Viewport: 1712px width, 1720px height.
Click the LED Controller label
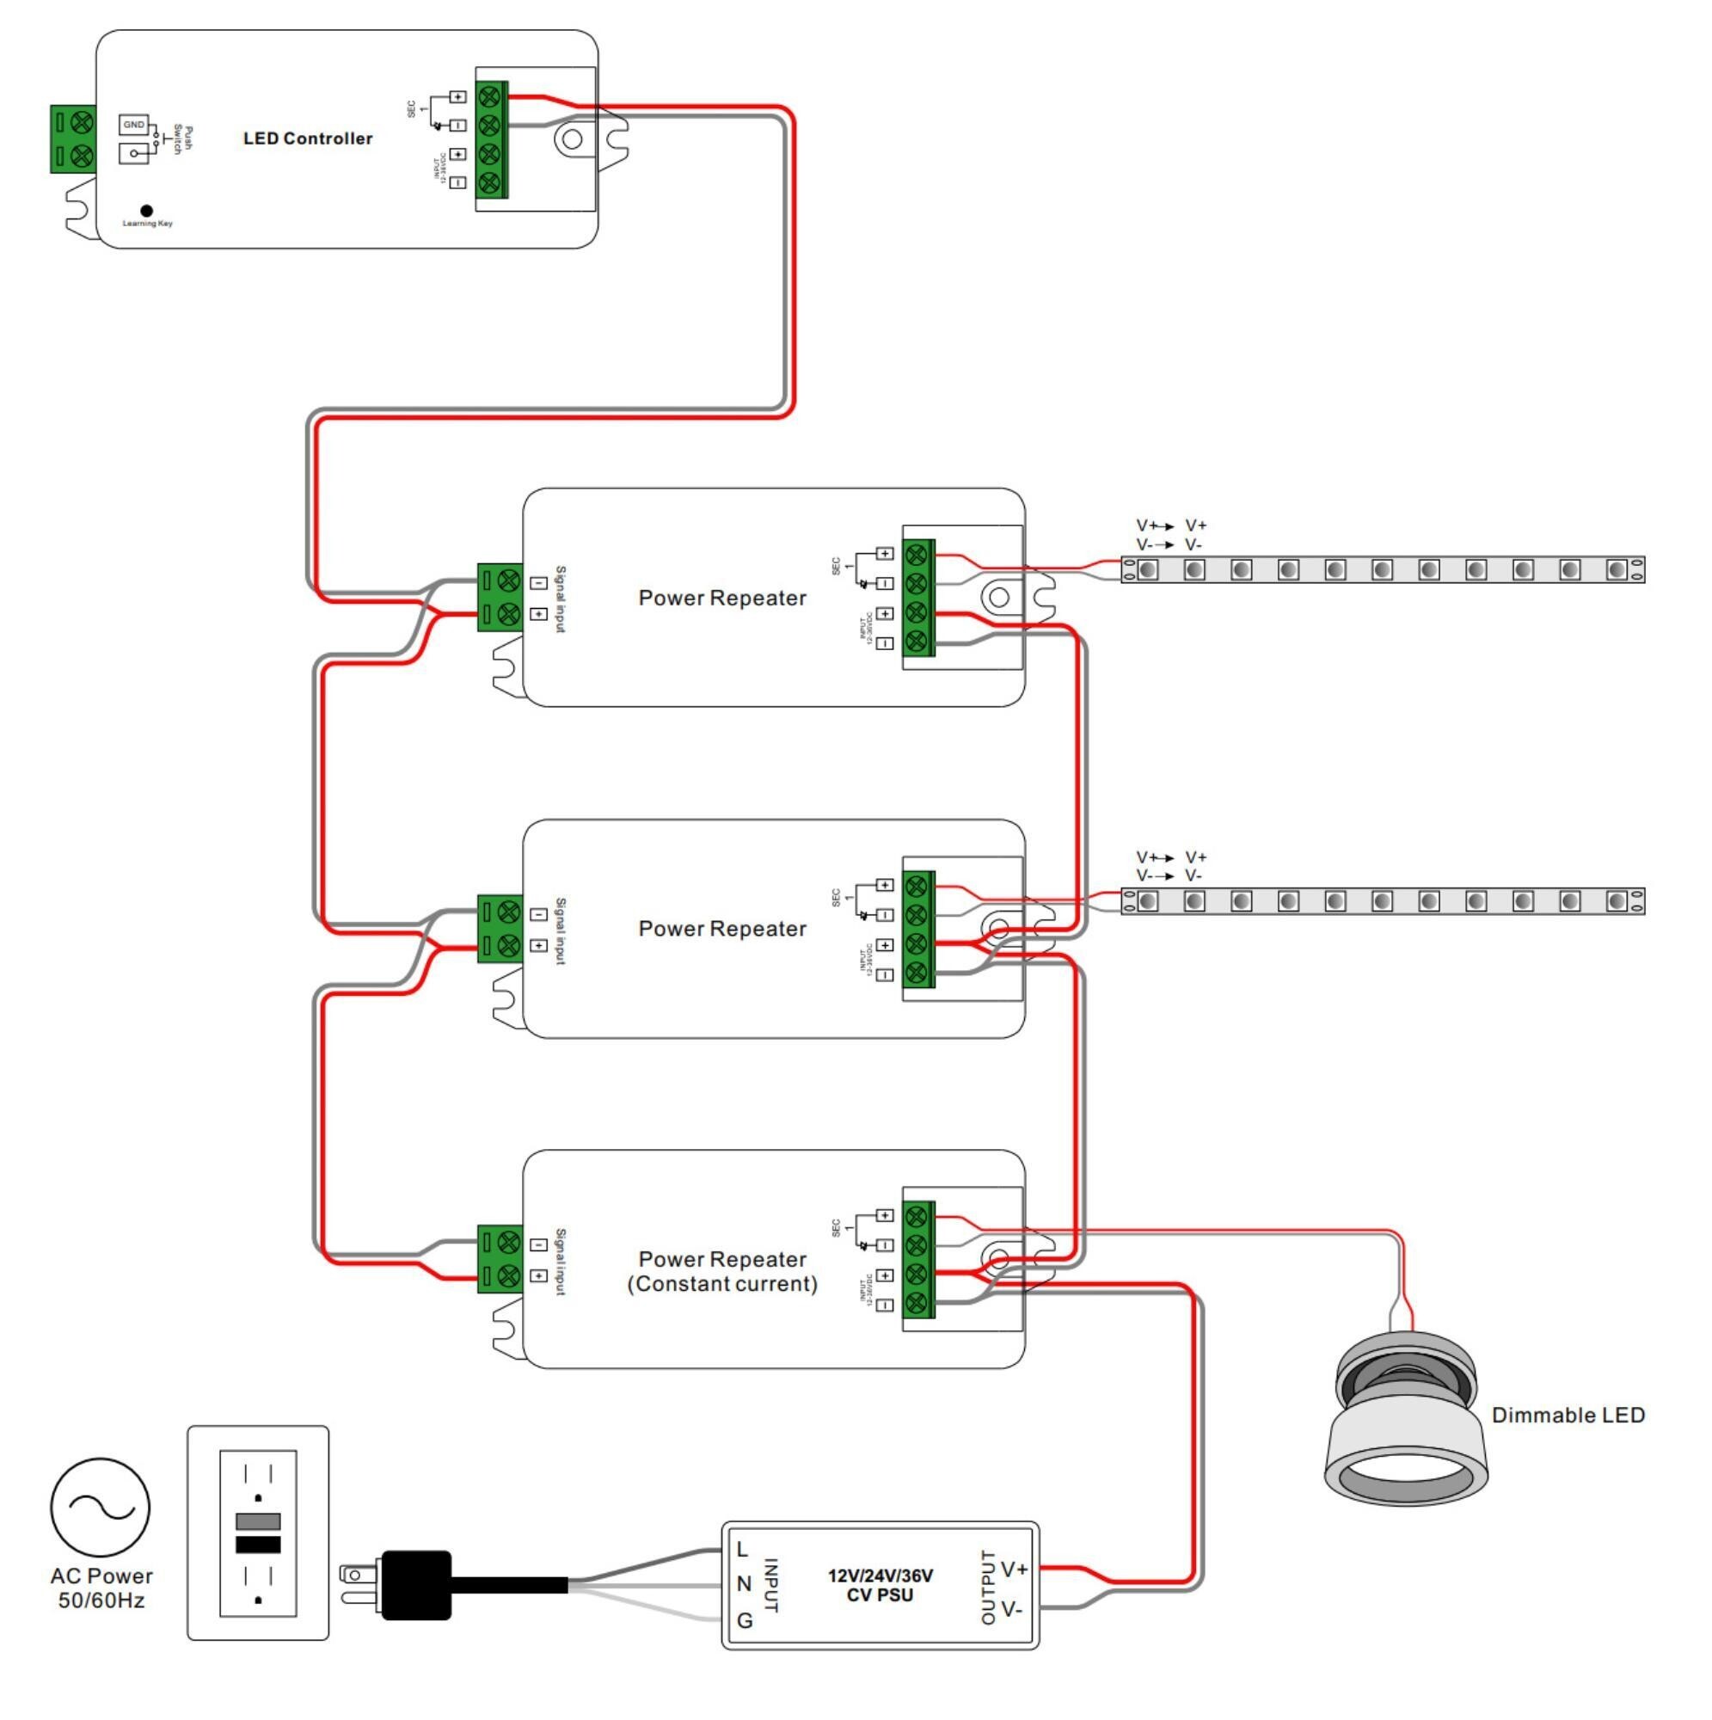click(308, 138)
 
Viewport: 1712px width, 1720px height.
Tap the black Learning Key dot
click(147, 211)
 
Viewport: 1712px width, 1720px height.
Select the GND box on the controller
click(133, 125)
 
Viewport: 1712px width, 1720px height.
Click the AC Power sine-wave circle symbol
click(101, 1508)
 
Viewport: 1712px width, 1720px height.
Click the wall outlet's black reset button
click(258, 1545)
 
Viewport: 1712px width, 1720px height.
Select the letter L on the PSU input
click(742, 1550)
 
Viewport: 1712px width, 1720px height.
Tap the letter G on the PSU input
click(746, 1621)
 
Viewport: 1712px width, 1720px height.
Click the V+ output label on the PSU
click(1014, 1569)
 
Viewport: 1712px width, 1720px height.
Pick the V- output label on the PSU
click(1011, 1610)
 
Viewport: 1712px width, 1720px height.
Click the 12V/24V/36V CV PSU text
click(881, 1586)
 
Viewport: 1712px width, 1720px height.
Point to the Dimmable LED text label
click(1568, 1416)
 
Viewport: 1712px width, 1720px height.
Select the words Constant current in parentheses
click(722, 1284)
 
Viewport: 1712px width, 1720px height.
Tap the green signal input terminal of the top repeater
click(500, 598)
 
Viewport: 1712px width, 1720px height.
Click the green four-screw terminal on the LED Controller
click(492, 140)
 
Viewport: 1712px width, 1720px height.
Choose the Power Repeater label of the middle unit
click(722, 929)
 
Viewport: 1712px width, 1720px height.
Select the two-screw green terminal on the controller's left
click(73, 138)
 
